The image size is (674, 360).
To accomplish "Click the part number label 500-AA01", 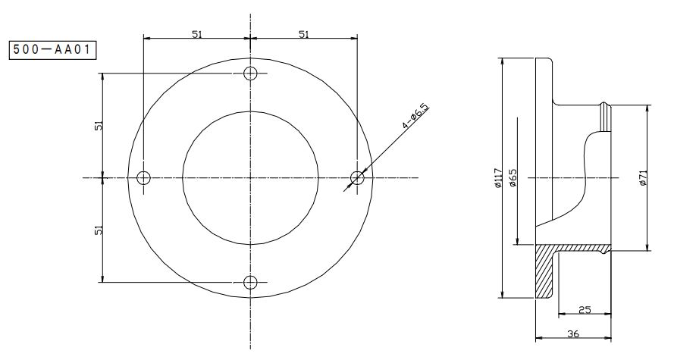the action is pyautogui.click(x=53, y=50).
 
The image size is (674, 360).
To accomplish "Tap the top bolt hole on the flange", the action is pyautogui.click(x=250, y=74).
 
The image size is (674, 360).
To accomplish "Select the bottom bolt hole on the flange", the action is pyautogui.click(x=250, y=282).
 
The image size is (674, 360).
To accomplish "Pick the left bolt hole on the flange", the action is pyautogui.click(x=143, y=177).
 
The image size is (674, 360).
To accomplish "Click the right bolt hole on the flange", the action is pyautogui.click(x=357, y=177).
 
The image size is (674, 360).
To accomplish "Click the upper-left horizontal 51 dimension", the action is pyautogui.click(x=197, y=34).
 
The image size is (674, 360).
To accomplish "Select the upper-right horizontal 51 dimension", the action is pyautogui.click(x=304, y=34).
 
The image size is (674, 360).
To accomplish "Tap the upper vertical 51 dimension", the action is pyautogui.click(x=99, y=126).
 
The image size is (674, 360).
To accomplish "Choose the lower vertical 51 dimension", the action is pyautogui.click(x=99, y=230).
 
